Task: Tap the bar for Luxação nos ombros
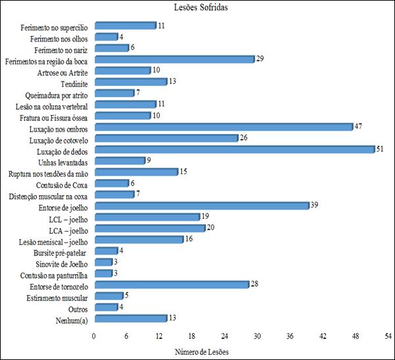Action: (223, 127)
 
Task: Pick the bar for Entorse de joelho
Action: (201, 206)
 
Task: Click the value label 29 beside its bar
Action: (260, 59)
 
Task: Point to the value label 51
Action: (380, 149)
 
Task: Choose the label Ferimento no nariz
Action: (62, 48)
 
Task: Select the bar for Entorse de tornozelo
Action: (172, 284)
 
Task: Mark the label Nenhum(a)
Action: (72, 319)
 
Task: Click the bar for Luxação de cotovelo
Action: (166, 138)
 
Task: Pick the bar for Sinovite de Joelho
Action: (103, 262)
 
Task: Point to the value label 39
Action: (314, 206)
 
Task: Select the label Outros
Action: (78, 307)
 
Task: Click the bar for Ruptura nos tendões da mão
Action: (136, 171)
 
